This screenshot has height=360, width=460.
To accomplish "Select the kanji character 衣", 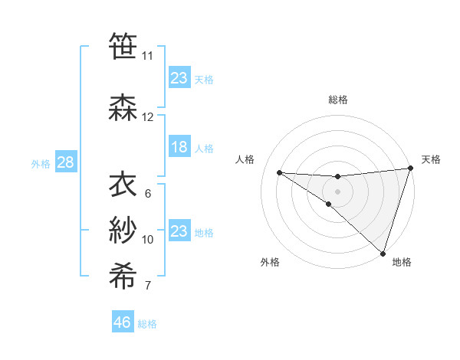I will [x=123, y=183].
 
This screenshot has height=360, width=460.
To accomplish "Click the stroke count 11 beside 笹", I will [x=147, y=56].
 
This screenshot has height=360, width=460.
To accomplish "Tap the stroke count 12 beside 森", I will [x=148, y=117].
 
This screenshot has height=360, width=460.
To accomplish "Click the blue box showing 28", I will [x=65, y=162].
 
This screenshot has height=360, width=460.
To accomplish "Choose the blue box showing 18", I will [x=179, y=147].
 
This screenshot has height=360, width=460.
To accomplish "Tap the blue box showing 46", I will [x=122, y=322].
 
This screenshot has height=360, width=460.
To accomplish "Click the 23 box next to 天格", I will [x=179, y=78].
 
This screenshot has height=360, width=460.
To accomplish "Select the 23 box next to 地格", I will [x=179, y=231].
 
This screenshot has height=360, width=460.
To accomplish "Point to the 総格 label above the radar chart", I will [x=337, y=100].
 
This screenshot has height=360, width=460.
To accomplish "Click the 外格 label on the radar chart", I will [x=270, y=262].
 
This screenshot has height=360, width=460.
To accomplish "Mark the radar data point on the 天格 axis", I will [x=410, y=169].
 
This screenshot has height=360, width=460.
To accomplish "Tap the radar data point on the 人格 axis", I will [x=279, y=172].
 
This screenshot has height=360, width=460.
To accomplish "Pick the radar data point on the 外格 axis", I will [x=328, y=205].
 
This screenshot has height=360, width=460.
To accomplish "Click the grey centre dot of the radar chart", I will [x=337, y=190].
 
